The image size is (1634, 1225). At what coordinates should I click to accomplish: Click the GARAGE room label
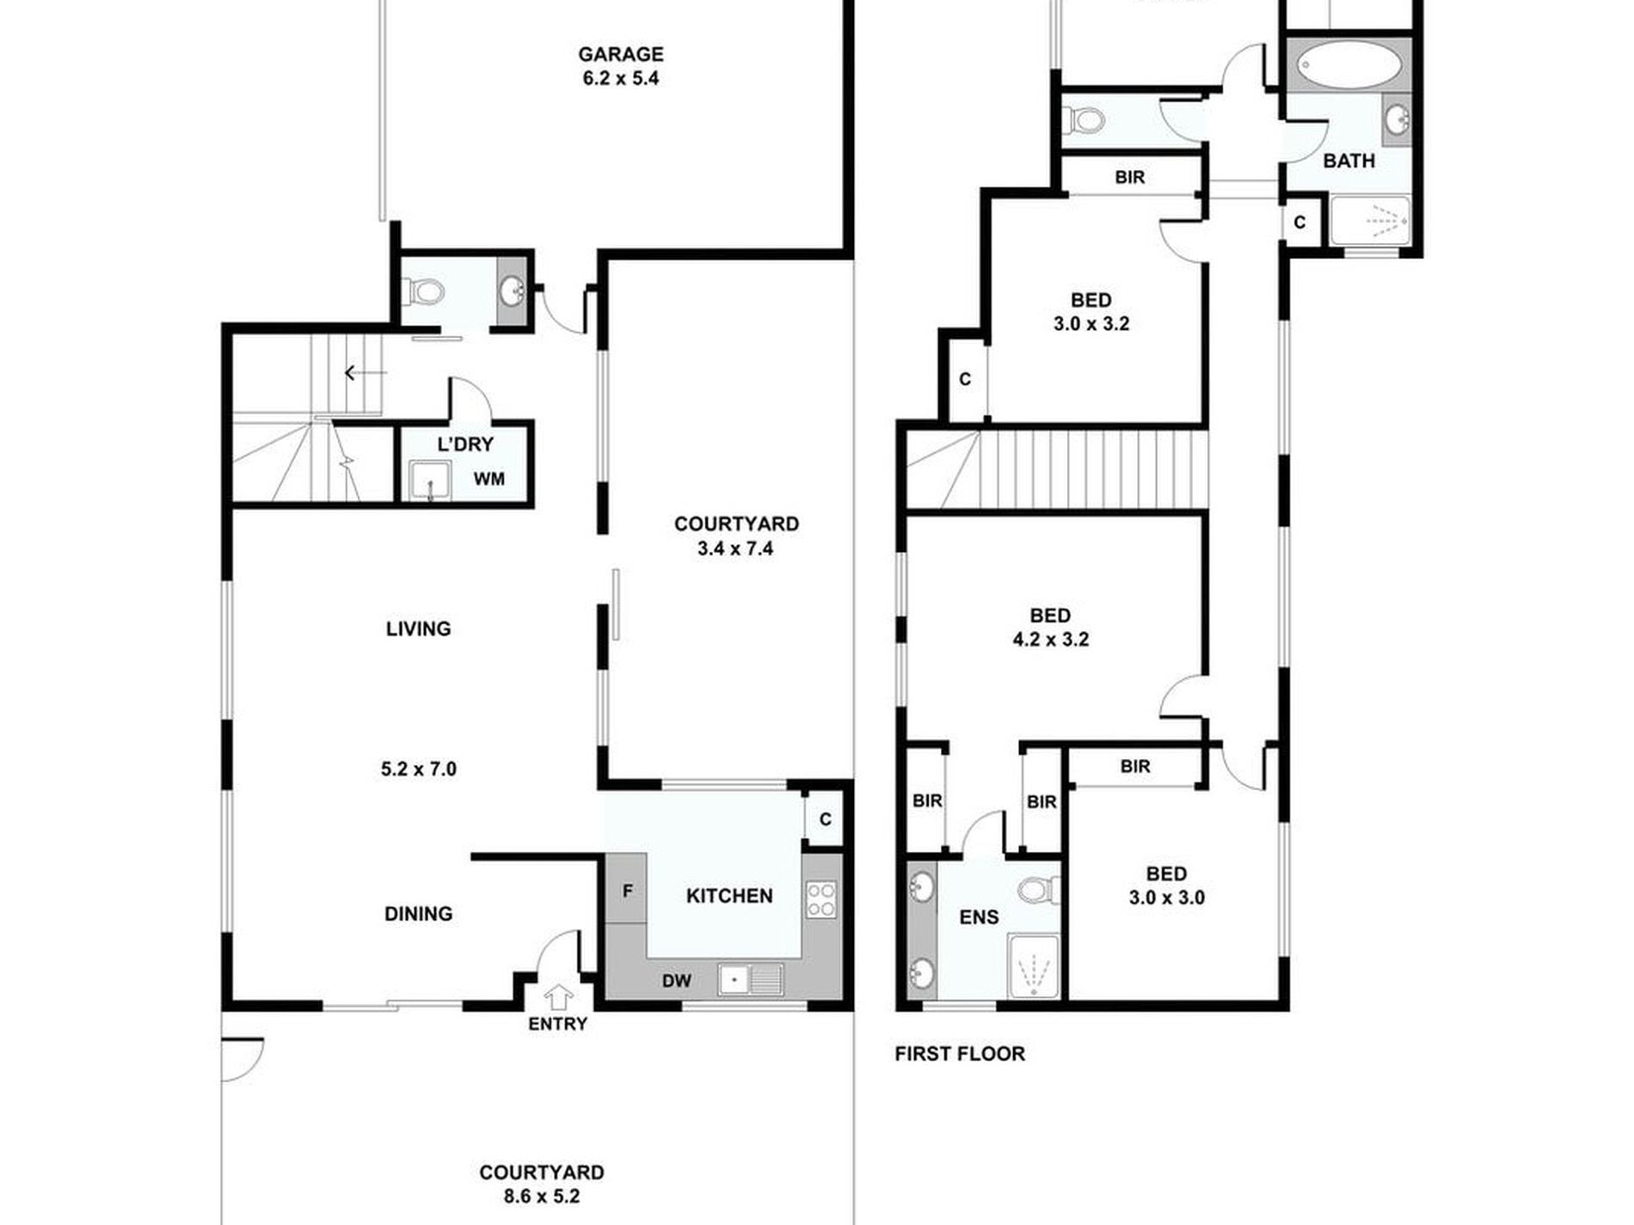[x=620, y=54]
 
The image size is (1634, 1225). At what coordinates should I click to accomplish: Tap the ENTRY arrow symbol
[x=559, y=997]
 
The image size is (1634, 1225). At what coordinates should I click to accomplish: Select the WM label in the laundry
[x=490, y=479]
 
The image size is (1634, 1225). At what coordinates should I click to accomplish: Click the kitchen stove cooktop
[x=820, y=899]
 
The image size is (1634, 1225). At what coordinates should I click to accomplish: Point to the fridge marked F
[x=627, y=890]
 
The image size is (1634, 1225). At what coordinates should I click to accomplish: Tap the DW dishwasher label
[x=676, y=981]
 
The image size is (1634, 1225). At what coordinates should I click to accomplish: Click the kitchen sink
[x=751, y=979]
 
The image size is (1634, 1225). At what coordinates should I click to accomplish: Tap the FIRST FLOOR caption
[x=960, y=1054]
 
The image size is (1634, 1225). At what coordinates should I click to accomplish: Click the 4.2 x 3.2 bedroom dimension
[x=1050, y=640]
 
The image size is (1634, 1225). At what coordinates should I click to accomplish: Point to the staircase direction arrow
[x=365, y=373]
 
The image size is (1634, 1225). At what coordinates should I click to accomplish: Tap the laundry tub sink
[x=429, y=480]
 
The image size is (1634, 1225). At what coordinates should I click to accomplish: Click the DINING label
[x=418, y=914]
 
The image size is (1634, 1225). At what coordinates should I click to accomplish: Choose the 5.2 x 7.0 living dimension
[x=419, y=769]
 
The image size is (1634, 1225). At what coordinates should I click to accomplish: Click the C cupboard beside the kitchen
[x=825, y=819]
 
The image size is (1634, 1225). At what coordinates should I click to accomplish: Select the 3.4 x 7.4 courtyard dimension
[x=736, y=548]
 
